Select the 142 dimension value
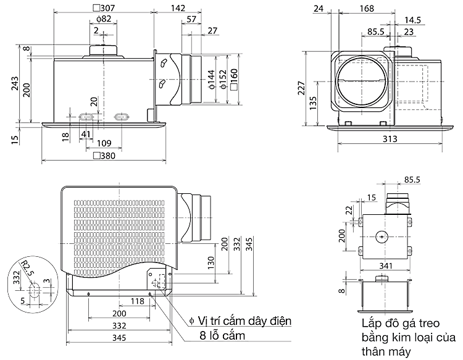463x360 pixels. (178, 8)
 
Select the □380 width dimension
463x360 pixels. (103, 156)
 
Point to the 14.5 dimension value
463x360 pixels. (414, 20)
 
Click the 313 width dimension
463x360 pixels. (390, 139)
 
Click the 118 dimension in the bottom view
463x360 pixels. (138, 302)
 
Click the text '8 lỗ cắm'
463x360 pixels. (218, 336)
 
